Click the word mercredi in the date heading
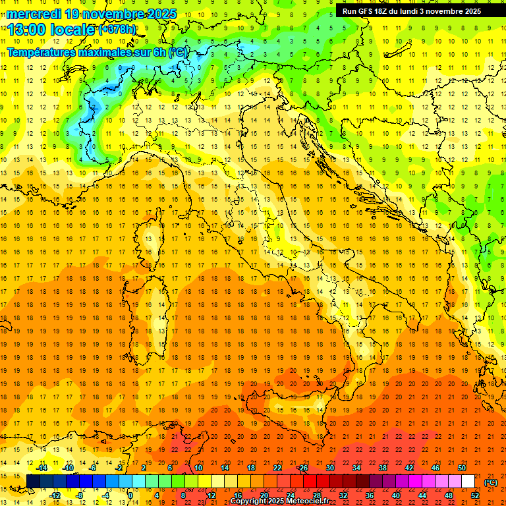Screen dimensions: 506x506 pos(34,14)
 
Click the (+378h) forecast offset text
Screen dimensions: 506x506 pos(119,30)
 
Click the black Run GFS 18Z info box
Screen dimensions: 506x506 pos(412,11)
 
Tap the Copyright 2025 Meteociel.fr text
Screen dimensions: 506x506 pos(279,501)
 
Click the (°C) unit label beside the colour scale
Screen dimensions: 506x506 pos(491,482)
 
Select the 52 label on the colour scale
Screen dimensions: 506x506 pos(475,495)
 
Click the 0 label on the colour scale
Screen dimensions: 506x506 pos(130,495)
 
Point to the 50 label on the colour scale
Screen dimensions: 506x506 pos(462,468)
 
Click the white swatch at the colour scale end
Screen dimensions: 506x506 pos(468,482)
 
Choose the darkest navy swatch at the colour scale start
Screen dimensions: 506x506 pos(33,482)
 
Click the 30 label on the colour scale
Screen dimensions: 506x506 pos(330,468)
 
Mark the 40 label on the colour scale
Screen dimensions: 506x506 pos(396,495)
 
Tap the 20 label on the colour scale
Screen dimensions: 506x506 pos(264,495)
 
